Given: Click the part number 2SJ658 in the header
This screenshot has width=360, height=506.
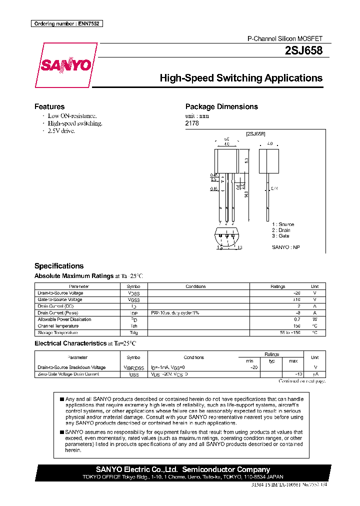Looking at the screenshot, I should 303,50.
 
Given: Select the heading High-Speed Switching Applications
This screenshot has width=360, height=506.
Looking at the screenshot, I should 240,78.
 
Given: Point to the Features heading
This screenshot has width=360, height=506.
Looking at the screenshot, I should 49,106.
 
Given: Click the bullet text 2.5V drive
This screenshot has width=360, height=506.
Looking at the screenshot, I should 61,130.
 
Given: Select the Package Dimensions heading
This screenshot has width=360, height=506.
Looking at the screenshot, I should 221,106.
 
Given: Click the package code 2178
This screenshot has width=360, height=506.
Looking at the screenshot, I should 192,123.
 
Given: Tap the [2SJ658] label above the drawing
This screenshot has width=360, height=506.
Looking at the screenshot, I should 255,134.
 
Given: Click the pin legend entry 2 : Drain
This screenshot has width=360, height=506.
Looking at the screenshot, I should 282,230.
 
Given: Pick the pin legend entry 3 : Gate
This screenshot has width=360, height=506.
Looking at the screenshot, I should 280,235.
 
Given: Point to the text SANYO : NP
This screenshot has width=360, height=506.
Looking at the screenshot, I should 285,247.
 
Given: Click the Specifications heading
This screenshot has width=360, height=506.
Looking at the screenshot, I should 58,266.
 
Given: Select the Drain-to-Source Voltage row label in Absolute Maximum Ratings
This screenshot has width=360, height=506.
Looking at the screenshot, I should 60,293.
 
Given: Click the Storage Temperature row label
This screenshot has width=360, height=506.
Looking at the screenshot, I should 57,332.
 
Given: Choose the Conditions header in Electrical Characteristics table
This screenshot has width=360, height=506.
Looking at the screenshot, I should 193,357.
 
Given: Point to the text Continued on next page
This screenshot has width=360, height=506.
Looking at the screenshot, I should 301,381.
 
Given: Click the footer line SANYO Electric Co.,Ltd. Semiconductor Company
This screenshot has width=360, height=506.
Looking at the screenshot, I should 182,469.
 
